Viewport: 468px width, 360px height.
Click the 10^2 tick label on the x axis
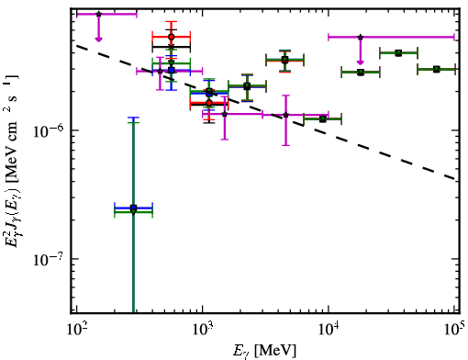(76, 330)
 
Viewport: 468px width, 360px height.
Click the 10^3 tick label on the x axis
(203, 330)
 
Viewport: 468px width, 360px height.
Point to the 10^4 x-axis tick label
(329, 330)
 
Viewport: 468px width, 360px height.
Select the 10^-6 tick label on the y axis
(49, 131)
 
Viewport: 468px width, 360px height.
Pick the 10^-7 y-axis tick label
(49, 260)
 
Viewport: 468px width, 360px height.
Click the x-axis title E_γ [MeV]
(264, 351)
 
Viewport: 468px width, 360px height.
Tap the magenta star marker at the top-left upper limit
(98, 14)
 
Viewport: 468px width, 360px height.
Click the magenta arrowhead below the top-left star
(98, 39)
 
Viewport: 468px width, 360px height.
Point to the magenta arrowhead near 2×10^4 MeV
(361, 62)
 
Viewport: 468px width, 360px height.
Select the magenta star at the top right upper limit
(361, 37)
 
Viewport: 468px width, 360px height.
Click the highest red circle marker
(172, 37)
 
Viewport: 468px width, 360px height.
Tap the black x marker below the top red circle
(172, 47)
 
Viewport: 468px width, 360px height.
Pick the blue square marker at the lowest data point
(133, 208)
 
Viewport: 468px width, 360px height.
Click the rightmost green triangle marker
(437, 70)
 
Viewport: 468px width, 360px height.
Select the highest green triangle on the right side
(398, 53)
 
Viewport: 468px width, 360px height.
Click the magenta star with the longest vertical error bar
(285, 115)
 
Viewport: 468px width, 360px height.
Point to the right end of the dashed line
(455, 179)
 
